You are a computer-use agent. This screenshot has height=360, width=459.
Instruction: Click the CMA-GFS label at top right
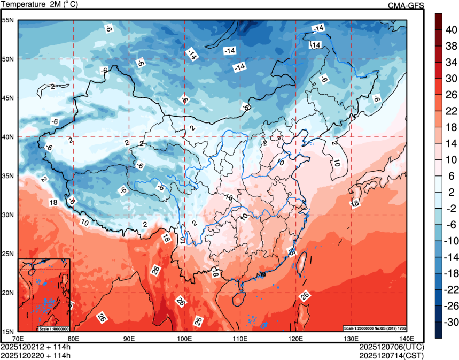coord(406,5)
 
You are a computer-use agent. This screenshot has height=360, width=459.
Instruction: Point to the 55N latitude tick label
coord(9,20)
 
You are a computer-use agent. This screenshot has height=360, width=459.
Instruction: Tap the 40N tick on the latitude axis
coord(9,137)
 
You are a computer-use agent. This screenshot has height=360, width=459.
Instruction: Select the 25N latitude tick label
coord(9,254)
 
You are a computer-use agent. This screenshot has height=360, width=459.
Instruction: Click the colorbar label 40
coord(451,29)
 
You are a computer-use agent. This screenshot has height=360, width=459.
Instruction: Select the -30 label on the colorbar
coord(452,322)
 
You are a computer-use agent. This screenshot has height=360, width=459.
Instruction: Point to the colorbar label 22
coord(451,111)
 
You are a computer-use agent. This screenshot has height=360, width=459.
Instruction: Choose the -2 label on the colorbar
coord(451,208)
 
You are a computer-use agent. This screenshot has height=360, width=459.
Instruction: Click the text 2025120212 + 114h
coord(36,347)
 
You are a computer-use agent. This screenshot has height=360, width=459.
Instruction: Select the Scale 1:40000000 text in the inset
coord(54,328)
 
